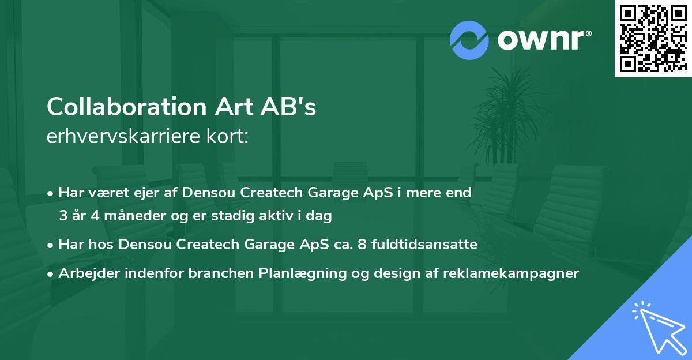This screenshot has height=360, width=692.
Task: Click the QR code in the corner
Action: point(653,38)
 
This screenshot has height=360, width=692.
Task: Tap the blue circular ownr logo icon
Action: point(468,40)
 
